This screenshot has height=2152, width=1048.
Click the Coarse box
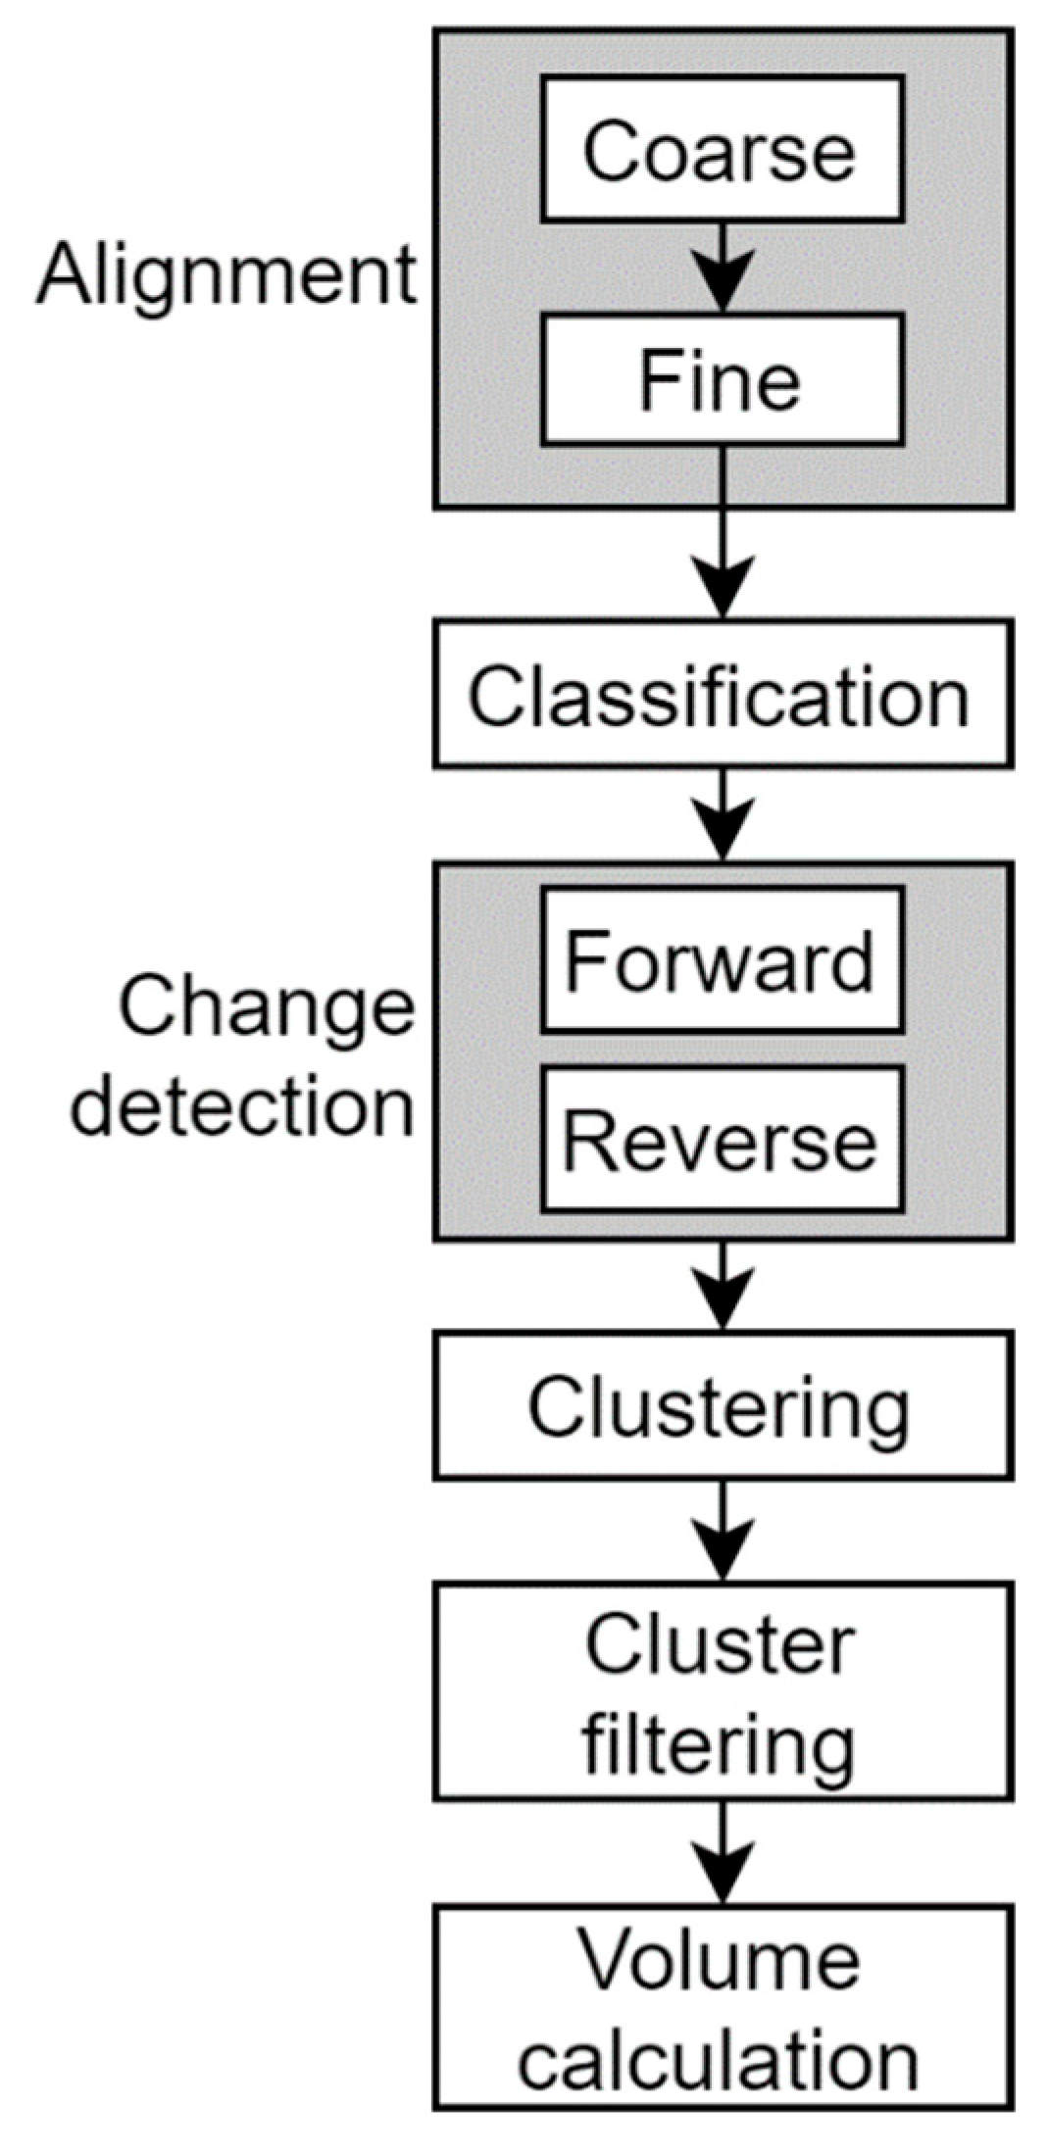pyautogui.click(x=722, y=149)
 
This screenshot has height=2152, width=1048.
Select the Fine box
pyautogui.click(x=722, y=379)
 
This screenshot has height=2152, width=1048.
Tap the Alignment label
pyautogui.click(x=225, y=275)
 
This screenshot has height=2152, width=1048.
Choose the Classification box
pyautogui.click(x=723, y=693)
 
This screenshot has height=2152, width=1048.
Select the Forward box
pyautogui.click(x=722, y=960)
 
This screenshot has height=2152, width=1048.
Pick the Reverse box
pyautogui.click(x=722, y=1140)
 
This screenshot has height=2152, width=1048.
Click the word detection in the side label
pyautogui.click(x=243, y=1107)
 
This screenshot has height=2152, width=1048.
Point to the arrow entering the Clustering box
pyautogui.click(x=723, y=1286)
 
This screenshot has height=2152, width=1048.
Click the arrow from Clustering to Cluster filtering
pyautogui.click(x=723, y=1531)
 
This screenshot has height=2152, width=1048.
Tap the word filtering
pyautogui.click(x=720, y=1746)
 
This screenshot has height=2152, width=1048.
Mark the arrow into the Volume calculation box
pyautogui.click(x=723, y=1854)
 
